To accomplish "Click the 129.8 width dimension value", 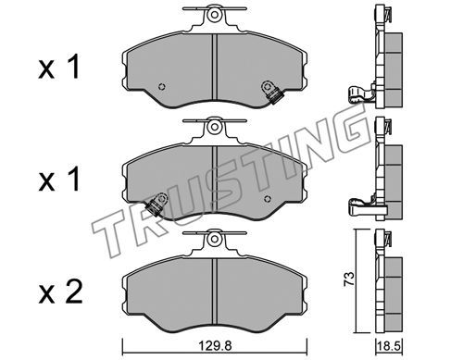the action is point(215,345).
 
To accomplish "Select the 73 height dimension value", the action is point(349,279).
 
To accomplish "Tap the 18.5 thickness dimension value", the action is point(390,346).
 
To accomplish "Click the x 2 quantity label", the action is point(60,292).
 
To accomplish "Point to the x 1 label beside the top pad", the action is point(59,67).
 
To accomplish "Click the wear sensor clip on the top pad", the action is point(271,93).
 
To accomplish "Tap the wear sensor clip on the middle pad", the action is point(156,205).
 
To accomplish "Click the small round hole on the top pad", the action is point(161,87).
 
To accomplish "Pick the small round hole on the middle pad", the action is point(268,199).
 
